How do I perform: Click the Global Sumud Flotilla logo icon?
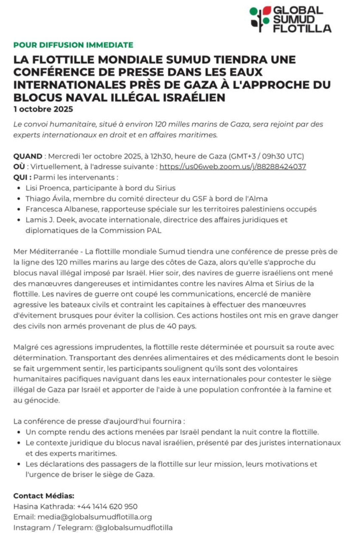[x=260, y=19]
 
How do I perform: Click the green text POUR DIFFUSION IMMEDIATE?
[x=73, y=45]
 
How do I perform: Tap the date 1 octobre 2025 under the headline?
[x=43, y=109]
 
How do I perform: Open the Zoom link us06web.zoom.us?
[x=233, y=167]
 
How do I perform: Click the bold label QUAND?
[x=28, y=156]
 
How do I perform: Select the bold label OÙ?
[x=19, y=167]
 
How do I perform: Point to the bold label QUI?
[x=22, y=177]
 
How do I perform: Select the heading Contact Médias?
[x=44, y=496]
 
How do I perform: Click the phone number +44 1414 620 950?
[x=107, y=507]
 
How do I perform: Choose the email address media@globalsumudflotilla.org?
[x=95, y=517]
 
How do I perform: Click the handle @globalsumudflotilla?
[x=134, y=528]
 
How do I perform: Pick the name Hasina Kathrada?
[x=44, y=507]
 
